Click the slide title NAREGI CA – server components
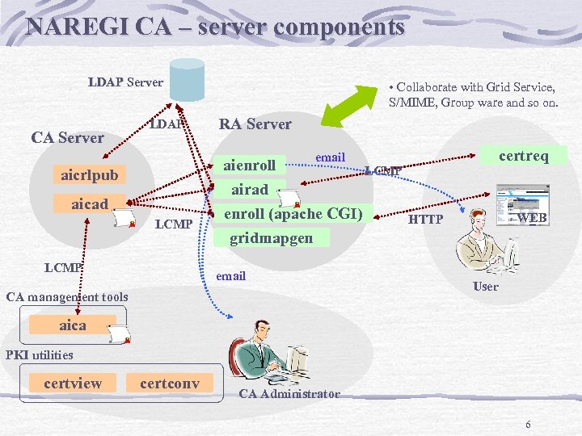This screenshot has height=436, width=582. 215,27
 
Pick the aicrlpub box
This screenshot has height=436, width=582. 90,175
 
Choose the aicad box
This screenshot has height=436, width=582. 90,203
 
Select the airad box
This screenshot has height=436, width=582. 250,190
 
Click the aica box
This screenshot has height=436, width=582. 73,325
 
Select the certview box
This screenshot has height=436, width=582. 73,383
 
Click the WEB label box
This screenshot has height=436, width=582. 532,218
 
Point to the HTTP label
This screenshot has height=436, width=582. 425,219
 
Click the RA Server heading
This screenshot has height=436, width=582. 255,124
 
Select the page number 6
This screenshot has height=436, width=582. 528,425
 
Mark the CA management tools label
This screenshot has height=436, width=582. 67,296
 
